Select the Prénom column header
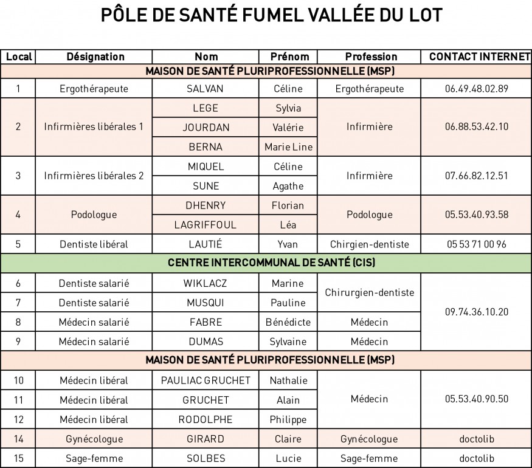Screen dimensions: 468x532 (x=289, y=57)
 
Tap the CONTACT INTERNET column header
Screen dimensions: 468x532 (x=479, y=57)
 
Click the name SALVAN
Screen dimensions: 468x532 (x=205, y=89)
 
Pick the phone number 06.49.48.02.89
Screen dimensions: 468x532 (x=476, y=89)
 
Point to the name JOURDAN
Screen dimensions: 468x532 (x=206, y=128)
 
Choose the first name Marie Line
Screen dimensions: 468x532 (x=288, y=147)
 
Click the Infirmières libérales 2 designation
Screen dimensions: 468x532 (x=94, y=176)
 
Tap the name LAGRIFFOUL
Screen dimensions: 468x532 (x=205, y=225)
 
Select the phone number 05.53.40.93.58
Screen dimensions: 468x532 (x=476, y=215)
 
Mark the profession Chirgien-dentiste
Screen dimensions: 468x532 (x=370, y=244)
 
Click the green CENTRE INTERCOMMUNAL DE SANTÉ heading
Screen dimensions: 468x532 (x=271, y=263)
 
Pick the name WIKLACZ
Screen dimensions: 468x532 (x=205, y=283)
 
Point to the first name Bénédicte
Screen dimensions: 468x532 (x=288, y=322)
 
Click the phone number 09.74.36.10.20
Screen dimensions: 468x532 (x=476, y=312)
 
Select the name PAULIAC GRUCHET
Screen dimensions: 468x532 (x=206, y=380)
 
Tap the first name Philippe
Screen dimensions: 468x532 (x=288, y=419)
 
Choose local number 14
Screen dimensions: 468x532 (x=18, y=439)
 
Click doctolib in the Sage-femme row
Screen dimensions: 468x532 (x=476, y=458)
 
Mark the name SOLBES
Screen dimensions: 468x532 (x=206, y=458)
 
